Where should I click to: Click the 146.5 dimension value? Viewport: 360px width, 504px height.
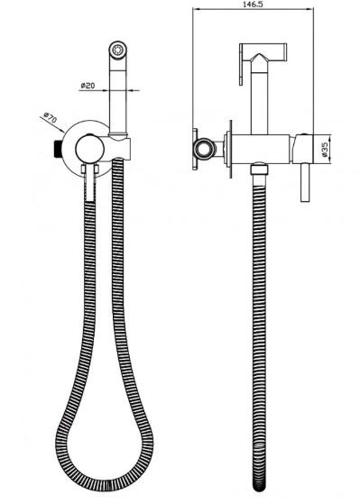click(254, 5)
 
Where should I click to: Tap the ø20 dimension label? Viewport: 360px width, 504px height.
click(88, 85)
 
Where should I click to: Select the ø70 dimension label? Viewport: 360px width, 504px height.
click(51, 117)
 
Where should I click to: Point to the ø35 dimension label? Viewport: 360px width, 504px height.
click(325, 150)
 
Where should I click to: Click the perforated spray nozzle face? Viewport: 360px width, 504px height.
click(118, 50)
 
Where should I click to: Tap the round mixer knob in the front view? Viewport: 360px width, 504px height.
click(89, 149)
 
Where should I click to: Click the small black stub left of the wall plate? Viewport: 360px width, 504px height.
click(58, 149)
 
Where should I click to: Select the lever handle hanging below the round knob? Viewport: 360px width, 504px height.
click(90, 182)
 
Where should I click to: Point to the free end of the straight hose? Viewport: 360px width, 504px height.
click(259, 486)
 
